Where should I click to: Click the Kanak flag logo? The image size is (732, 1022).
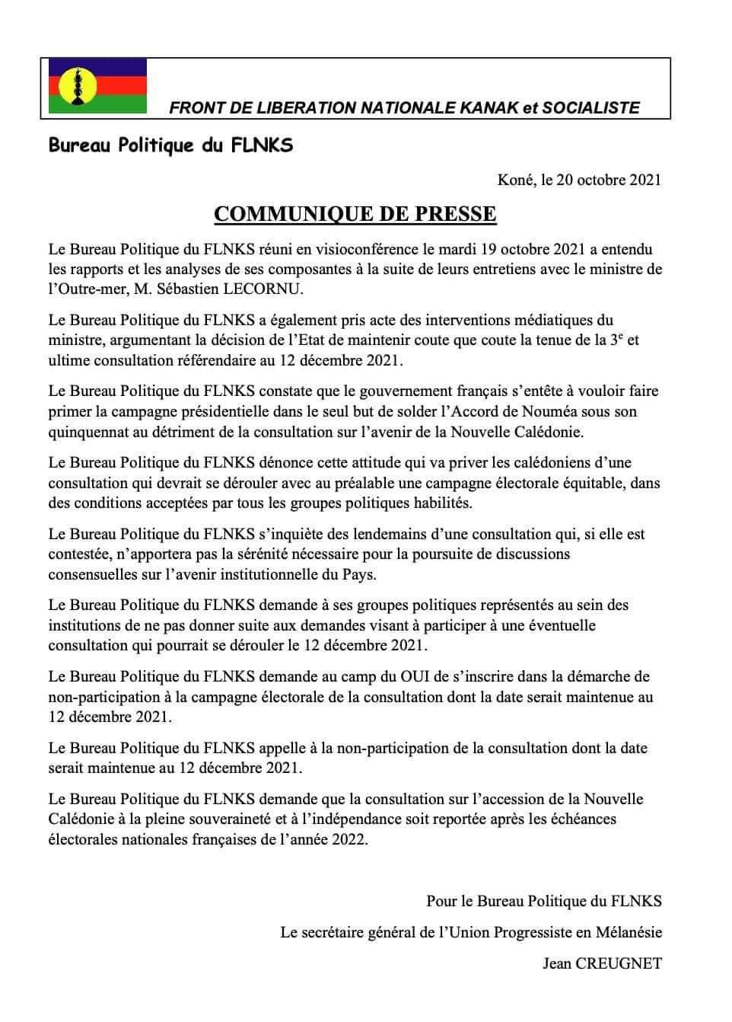coord(97,86)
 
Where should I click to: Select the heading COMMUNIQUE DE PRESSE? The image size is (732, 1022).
coord(355,214)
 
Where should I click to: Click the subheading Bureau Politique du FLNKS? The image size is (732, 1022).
coord(170,145)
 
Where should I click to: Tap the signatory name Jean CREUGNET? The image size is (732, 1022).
coord(602,963)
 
